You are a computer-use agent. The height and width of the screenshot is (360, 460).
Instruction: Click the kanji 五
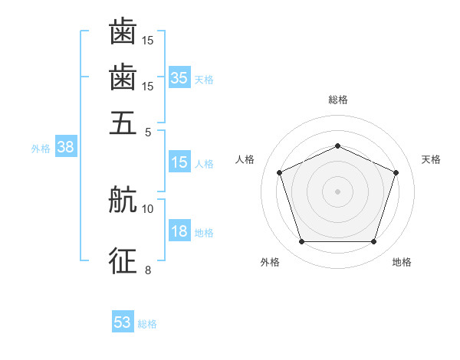(x=123, y=123)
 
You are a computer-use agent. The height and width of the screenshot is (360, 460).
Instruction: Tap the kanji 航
(x=123, y=199)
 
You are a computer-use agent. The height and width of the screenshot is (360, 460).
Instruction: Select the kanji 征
(x=123, y=260)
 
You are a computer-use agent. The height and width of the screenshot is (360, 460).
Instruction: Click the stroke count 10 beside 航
(x=147, y=209)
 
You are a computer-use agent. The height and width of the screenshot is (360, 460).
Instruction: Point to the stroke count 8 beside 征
(x=148, y=270)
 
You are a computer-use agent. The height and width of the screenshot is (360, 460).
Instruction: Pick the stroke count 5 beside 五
(x=148, y=133)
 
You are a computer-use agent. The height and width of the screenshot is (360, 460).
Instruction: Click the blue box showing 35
(x=179, y=77)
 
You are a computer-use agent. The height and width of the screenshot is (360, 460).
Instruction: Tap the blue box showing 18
(x=179, y=230)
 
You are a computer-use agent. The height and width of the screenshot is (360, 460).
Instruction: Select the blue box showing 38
(x=66, y=146)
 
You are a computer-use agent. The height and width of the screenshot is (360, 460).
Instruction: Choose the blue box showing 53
(x=123, y=321)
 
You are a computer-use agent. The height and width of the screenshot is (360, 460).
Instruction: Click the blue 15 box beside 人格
(x=179, y=162)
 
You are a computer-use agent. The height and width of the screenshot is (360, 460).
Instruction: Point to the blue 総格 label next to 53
(x=147, y=324)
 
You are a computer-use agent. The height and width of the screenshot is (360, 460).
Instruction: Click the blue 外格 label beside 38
(x=41, y=149)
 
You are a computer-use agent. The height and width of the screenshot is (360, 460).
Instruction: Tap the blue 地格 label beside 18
(x=204, y=233)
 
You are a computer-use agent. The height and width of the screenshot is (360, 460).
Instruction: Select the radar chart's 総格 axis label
(x=338, y=100)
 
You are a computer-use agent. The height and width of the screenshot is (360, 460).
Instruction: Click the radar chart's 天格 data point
(x=396, y=172)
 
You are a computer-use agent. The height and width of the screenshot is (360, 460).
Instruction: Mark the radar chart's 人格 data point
(x=280, y=172)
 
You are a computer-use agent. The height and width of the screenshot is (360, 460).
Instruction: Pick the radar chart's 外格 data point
(x=302, y=241)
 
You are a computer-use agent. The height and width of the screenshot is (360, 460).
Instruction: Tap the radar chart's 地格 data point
(x=373, y=241)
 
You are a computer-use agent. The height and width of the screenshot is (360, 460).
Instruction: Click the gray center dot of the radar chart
(x=337, y=191)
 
